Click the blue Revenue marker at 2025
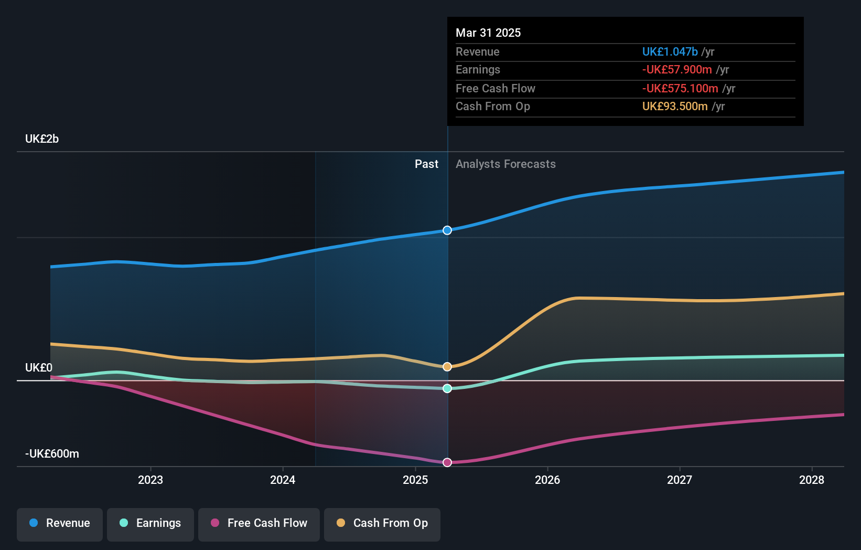(447, 230)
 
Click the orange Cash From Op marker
(447, 367)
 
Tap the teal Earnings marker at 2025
(447, 388)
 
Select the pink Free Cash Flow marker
(447, 462)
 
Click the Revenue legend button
(60, 523)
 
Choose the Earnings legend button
(150, 523)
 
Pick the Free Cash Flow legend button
(259, 523)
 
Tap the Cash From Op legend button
(382, 523)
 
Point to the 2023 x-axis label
(150, 480)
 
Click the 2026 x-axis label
(547, 480)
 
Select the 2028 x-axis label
(812, 480)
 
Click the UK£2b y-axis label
(42, 139)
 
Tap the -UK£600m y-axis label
(52, 454)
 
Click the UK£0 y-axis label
(39, 368)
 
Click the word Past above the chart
(426, 164)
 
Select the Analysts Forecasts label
(505, 164)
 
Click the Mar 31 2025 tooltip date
(488, 33)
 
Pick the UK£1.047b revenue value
(670, 52)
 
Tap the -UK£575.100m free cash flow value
(680, 89)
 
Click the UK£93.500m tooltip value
(675, 107)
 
